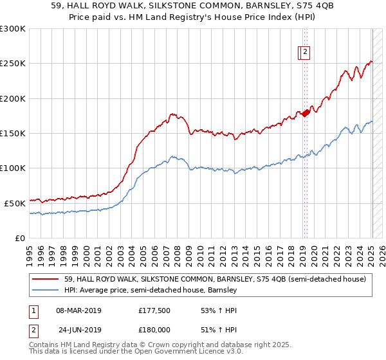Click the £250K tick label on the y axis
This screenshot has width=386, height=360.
tap(13, 64)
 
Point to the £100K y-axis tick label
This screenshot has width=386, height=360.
tap(13, 168)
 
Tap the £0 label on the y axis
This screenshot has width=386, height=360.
tap(20, 238)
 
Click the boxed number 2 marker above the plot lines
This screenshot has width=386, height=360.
tap(305, 53)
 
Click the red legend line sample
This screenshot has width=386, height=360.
tap(46, 279)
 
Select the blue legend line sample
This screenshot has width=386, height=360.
tap(46, 291)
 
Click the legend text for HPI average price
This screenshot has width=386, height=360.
tap(151, 291)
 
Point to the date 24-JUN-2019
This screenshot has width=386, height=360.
tap(80, 329)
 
